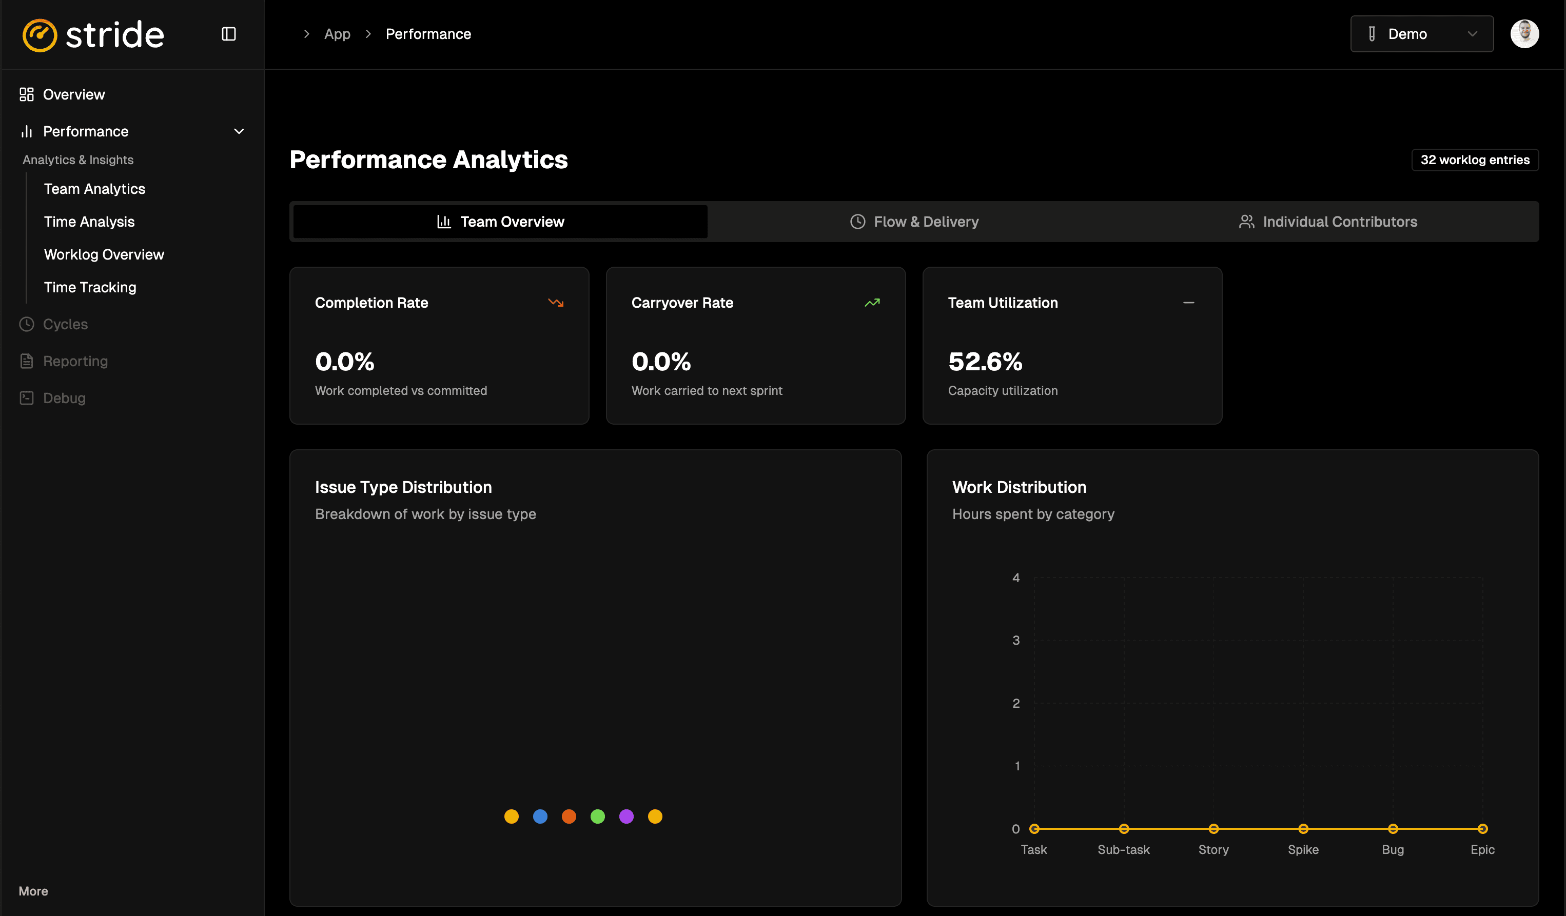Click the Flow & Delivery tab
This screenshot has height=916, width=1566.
(x=914, y=222)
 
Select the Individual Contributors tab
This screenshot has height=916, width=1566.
(x=1328, y=222)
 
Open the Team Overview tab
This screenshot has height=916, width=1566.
(x=500, y=222)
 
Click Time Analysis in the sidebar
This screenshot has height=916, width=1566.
(x=89, y=222)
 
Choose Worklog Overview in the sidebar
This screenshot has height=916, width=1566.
(x=104, y=254)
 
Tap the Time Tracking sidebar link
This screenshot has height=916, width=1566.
(x=90, y=288)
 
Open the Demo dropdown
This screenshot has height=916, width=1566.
(x=1421, y=34)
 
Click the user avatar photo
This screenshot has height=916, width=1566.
(x=1524, y=34)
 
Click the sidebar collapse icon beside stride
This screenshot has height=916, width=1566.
(x=229, y=34)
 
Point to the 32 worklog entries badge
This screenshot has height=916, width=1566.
(x=1475, y=160)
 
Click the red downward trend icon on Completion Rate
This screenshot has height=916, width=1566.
(x=556, y=303)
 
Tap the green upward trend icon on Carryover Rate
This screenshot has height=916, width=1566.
(x=872, y=303)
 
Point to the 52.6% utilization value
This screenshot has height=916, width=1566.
(x=985, y=362)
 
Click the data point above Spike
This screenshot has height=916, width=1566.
(x=1303, y=828)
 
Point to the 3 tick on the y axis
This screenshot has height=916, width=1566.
(x=1016, y=640)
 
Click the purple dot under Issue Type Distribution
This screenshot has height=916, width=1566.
(x=627, y=816)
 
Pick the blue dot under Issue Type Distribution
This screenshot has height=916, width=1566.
(x=540, y=816)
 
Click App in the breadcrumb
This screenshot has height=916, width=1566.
(x=337, y=34)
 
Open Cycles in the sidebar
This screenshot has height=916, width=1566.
(x=65, y=324)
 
